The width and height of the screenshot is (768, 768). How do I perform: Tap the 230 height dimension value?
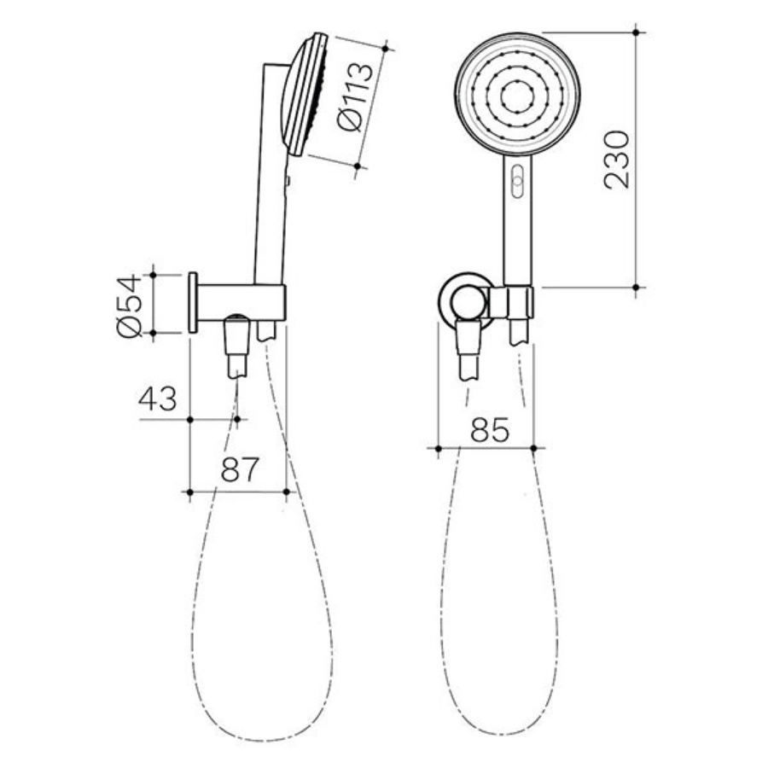[x=616, y=160]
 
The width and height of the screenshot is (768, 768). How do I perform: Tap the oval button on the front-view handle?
[x=515, y=180]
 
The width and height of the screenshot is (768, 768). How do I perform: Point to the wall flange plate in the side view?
[x=193, y=303]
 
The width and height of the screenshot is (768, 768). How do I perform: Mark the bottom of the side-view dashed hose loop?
[x=256, y=738]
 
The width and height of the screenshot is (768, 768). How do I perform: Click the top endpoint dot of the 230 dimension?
[x=637, y=32]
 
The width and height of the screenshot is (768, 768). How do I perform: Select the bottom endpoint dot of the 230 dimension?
[x=637, y=288]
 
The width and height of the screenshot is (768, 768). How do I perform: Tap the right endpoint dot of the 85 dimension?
[x=533, y=447]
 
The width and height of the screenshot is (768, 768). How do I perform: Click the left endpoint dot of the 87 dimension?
[x=189, y=492]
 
